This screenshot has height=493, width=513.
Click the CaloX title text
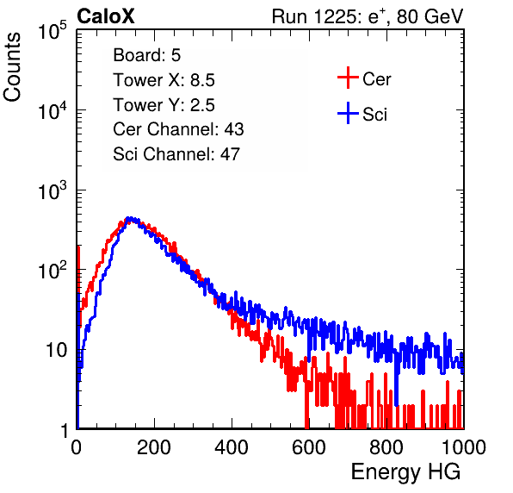pos(106,16)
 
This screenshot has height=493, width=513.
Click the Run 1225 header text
pos(368,16)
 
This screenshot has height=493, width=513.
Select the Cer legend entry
pos(364,78)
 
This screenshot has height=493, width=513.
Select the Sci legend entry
pos(362,114)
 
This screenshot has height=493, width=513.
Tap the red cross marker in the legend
pos(348,78)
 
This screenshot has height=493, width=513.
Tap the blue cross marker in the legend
pos(348,114)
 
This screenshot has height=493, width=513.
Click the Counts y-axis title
pos(12,67)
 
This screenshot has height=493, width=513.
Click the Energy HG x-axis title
pos(405,472)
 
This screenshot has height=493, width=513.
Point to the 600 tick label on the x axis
pos(309,447)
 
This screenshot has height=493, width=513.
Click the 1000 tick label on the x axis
pos(464,447)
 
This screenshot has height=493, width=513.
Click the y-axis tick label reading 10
pos(56,350)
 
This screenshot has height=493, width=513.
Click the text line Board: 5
pos(147,55)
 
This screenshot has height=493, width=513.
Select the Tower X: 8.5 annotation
pos(164,80)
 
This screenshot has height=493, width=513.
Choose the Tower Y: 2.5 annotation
pos(164,105)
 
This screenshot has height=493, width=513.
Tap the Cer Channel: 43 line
pos(178,129)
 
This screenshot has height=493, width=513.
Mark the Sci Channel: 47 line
pos(176,154)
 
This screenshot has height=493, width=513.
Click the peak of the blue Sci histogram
pos(130,218)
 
